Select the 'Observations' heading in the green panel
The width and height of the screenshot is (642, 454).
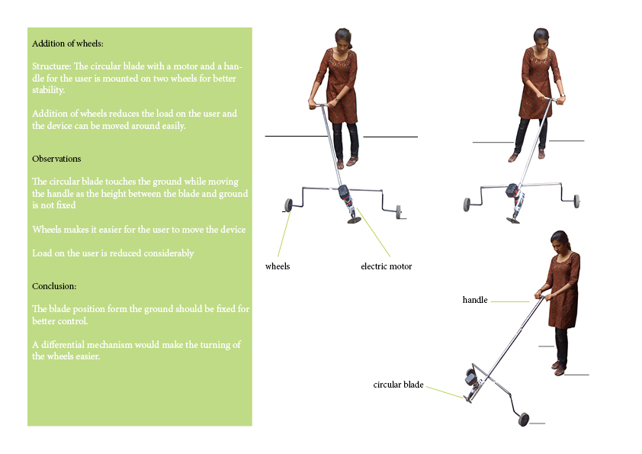[56, 159]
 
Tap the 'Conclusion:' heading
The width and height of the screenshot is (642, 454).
[55, 286]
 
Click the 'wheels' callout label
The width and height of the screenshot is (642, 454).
[278, 266]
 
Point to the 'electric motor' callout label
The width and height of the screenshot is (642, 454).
[386, 266]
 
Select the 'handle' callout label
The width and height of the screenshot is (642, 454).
[474, 300]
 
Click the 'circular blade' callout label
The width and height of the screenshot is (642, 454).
[398, 385]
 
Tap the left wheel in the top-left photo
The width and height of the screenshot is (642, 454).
[289, 204]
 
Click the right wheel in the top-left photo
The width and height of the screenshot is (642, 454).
[398, 210]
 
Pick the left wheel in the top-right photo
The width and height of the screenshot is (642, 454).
[467, 204]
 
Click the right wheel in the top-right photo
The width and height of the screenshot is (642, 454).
[576, 201]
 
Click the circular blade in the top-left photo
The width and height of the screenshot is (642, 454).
[355, 221]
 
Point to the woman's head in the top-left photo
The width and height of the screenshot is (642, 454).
[342, 37]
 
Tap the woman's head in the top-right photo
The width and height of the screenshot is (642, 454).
[541, 37]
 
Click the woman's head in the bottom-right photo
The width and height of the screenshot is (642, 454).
[560, 240]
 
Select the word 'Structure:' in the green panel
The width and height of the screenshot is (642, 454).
[50, 66]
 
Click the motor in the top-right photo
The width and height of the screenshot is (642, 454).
[512, 191]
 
